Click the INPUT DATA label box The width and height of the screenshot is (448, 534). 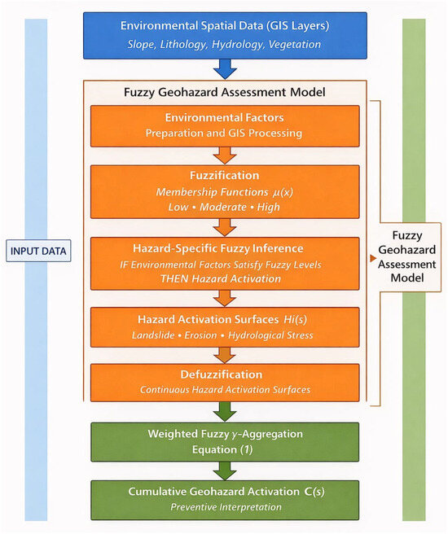[x=38, y=251]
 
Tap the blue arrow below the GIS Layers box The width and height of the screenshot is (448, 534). [x=225, y=69]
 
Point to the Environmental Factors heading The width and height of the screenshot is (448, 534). [x=225, y=117]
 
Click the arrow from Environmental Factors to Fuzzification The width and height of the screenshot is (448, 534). [x=225, y=155]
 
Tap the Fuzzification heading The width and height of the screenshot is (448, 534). [x=225, y=175]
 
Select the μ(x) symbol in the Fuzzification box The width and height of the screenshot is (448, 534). [x=283, y=192]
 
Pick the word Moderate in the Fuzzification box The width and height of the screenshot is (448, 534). [x=223, y=207]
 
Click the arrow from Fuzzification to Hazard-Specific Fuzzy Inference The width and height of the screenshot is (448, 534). [x=225, y=227]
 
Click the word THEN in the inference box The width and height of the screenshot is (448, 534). [x=174, y=279]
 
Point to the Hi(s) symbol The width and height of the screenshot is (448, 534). [x=295, y=319]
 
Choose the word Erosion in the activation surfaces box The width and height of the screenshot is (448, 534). [x=200, y=335]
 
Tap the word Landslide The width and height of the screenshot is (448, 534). [x=153, y=335]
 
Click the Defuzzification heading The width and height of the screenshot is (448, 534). [x=222, y=374]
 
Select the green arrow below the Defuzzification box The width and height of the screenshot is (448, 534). [x=225, y=412]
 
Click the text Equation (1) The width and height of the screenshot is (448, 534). [x=222, y=450]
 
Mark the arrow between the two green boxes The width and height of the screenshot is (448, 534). [x=225, y=471]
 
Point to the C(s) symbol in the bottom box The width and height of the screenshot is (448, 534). [x=314, y=492]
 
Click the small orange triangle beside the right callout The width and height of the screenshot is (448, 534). [x=373, y=259]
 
